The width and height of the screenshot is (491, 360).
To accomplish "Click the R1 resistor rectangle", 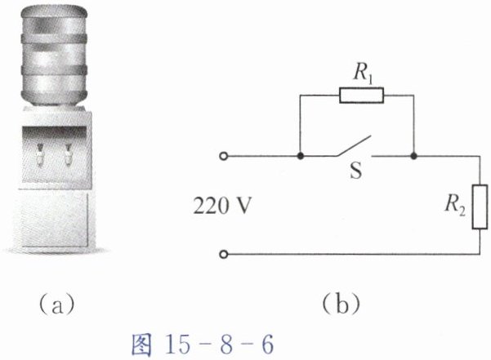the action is coord(360,96).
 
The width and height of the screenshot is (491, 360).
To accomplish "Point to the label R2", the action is coord(455,206).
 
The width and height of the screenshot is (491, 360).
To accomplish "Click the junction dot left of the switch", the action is coord(301,155).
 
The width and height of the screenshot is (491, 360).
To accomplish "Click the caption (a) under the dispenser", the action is coord(56,306).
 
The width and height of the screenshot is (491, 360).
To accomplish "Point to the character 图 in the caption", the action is coord(142,344).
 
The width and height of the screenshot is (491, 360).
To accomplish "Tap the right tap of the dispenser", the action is coord(68,151).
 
